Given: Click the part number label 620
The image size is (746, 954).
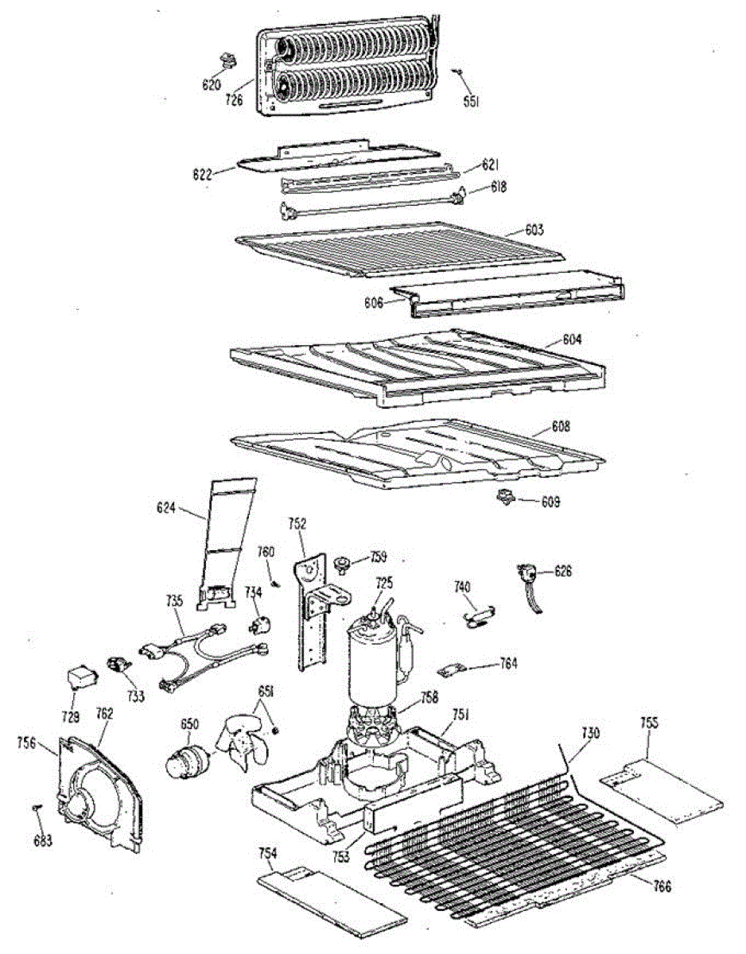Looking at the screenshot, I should click(211, 84).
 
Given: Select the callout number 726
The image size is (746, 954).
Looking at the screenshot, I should click(234, 101).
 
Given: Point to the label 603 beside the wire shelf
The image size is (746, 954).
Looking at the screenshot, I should click(534, 230).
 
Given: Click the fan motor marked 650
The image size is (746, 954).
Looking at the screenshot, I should click(186, 758).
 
